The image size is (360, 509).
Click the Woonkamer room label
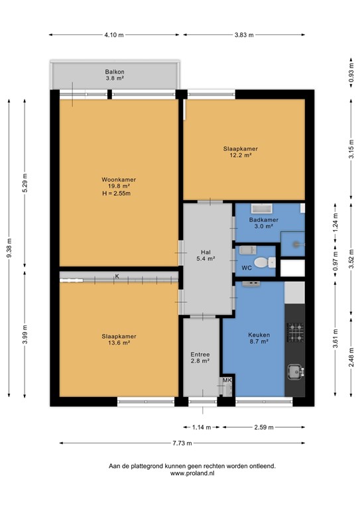pyautogui.click(x=115, y=180)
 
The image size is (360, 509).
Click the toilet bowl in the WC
pyautogui.click(x=265, y=263)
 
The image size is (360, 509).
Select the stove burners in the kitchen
pyautogui.click(x=294, y=331)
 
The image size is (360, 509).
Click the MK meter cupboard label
pyautogui.click(x=227, y=380)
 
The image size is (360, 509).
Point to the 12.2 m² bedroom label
pyautogui.click(x=240, y=152)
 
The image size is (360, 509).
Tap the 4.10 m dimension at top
pyautogui.click(x=114, y=35)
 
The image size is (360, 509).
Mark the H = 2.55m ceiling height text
pyautogui.click(x=116, y=194)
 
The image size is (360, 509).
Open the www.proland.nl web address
pyautogui.click(x=192, y=473)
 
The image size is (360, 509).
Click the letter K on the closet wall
pyautogui.click(x=117, y=276)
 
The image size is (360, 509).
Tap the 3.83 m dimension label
pyautogui.click(x=245, y=35)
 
